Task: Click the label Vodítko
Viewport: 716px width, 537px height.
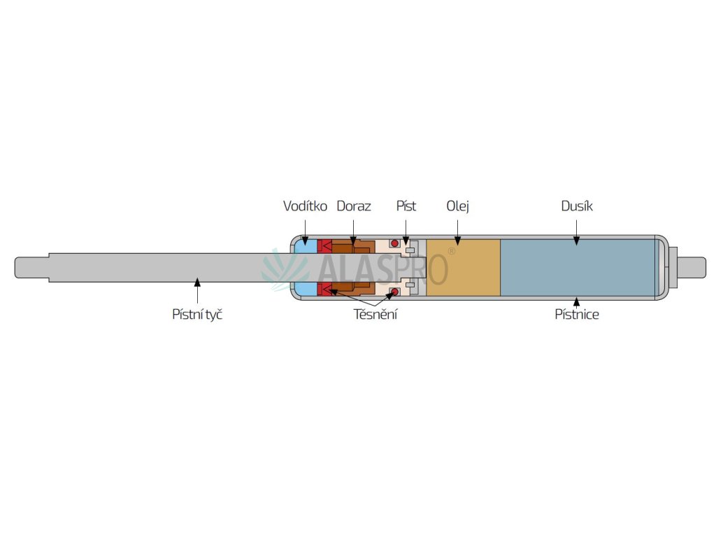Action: coord(305,206)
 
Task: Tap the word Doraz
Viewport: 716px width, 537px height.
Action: coord(354,206)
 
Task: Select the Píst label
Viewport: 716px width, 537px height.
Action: coord(406,206)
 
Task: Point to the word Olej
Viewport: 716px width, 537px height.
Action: coord(457,206)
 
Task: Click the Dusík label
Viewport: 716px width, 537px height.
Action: coord(577,206)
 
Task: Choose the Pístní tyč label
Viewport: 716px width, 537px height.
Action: coord(197,315)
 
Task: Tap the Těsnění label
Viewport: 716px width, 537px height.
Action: coord(375,315)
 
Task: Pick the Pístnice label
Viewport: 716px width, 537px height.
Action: coord(577,315)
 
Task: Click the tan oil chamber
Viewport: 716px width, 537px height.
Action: coord(463,268)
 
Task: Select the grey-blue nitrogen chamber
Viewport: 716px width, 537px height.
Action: coord(577,268)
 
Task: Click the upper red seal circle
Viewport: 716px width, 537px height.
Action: coord(394,243)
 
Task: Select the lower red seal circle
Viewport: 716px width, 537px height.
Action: coord(394,292)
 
